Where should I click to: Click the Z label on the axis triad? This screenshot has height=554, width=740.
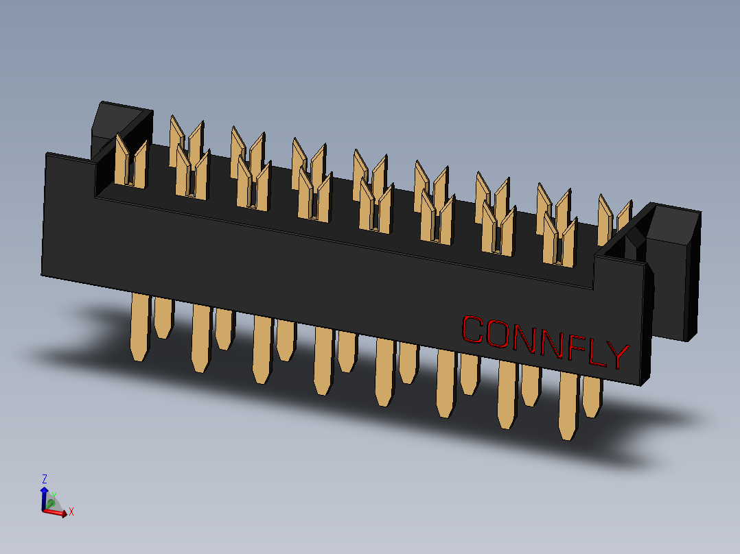tap(45, 479)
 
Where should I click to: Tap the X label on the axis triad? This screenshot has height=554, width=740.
tap(71, 511)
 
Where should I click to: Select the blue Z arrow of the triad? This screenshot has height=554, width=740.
tap(45, 498)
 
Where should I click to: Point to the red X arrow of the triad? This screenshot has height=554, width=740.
tap(58, 512)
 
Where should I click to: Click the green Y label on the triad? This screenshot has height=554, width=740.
tap(54, 494)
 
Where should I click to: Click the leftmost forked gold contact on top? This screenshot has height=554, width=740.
tap(130, 163)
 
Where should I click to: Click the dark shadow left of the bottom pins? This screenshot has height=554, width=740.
tap(82, 343)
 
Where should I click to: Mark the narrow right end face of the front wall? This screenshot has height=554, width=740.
tap(649, 322)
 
